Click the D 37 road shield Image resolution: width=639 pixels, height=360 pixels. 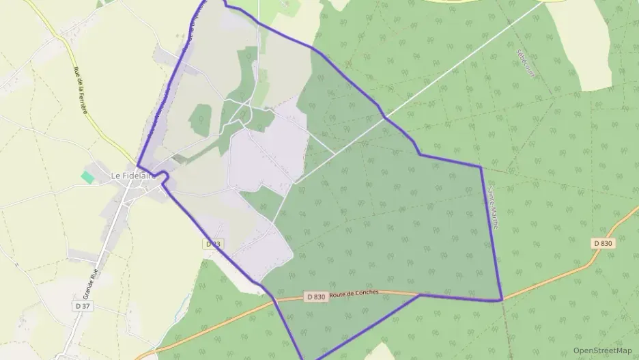[82, 306]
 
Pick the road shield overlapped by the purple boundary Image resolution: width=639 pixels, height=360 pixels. [214, 244]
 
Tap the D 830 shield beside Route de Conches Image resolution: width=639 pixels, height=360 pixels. [315, 296]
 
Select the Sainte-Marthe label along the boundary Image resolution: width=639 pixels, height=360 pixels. [494, 208]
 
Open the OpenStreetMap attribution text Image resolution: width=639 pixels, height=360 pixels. [602, 350]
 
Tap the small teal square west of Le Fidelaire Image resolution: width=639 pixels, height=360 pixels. [87, 177]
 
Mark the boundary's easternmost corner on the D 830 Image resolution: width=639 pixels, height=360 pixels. [502, 300]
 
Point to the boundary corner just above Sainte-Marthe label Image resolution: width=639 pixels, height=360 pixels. [481, 167]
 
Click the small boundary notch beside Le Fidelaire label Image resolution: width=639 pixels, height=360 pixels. [165, 176]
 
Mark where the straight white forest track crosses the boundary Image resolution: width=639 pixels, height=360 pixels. [385, 117]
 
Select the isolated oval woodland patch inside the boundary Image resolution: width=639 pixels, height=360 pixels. [199, 119]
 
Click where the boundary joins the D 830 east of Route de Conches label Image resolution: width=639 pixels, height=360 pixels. [419, 295]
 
